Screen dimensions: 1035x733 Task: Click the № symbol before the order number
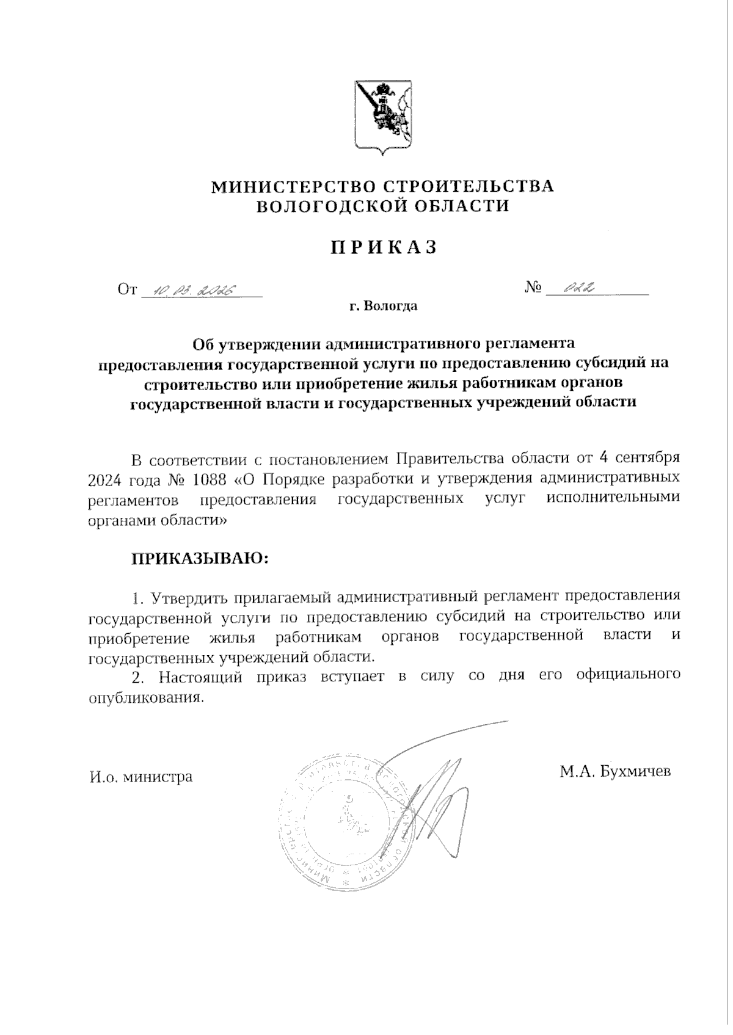[x=533, y=288]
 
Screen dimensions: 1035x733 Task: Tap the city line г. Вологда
[x=383, y=306]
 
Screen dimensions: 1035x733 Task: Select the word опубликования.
[x=145, y=697]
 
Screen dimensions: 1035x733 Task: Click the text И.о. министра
[x=140, y=777]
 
